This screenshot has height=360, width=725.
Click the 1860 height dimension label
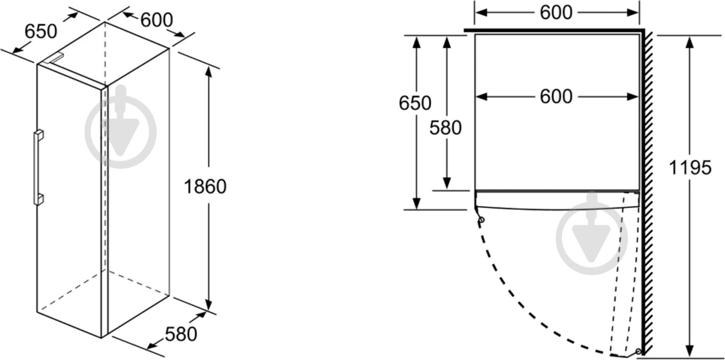click(205, 186)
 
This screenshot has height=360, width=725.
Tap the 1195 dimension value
click(690, 168)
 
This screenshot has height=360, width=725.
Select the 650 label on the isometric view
click(41, 31)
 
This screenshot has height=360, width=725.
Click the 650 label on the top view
click(415, 103)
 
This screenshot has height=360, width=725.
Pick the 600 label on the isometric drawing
click(157, 20)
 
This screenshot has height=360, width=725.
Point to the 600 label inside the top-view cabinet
click(556, 97)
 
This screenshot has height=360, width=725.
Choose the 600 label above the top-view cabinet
click(556, 12)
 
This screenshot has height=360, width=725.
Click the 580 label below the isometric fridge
click(181, 334)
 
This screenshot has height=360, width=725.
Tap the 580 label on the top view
click(445, 128)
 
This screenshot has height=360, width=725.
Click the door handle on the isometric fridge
click(38, 168)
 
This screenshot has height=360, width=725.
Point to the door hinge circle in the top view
click(481, 219)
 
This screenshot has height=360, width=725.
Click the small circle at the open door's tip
click(638, 351)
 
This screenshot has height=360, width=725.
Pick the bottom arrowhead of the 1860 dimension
click(208, 304)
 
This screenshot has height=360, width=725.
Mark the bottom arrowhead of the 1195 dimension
click(690, 350)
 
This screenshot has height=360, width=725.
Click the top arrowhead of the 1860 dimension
click(208, 72)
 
